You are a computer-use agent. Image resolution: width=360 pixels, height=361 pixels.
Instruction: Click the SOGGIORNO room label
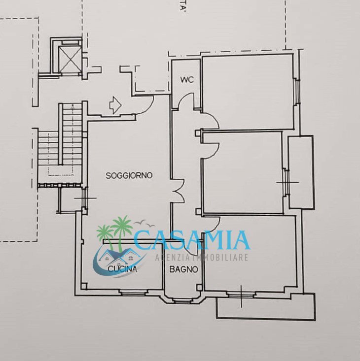point(129,175)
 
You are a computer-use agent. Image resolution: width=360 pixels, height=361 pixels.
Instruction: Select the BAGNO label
point(183,269)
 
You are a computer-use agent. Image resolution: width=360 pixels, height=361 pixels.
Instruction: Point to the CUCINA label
point(122,270)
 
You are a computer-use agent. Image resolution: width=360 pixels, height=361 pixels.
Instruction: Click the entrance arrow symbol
point(114,105)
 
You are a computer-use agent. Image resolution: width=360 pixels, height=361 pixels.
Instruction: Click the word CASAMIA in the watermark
point(192,240)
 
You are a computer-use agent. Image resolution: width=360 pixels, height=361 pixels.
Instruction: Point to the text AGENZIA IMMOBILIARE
point(201,258)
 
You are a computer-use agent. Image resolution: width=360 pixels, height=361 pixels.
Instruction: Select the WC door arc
point(187,101)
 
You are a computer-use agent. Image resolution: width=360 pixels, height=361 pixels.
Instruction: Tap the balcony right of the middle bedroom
point(301,171)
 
